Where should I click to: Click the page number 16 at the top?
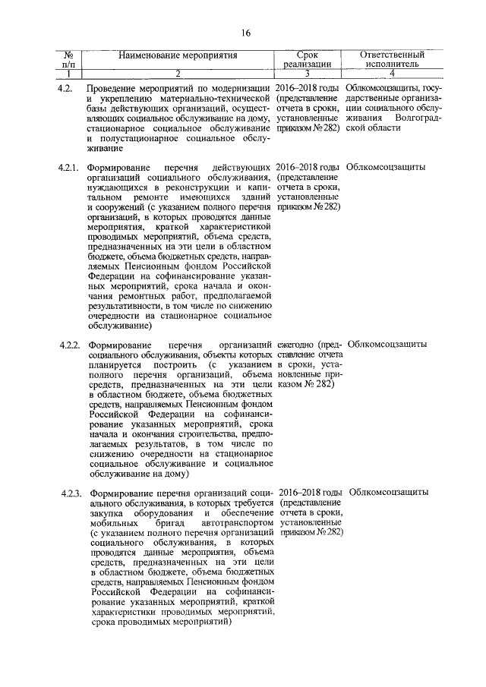tap(245, 33)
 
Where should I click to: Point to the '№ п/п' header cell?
tap(67, 60)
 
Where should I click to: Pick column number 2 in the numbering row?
tap(178, 74)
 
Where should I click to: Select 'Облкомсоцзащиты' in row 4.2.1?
tap(385, 166)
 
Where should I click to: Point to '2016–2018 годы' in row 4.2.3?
tap(309, 492)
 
